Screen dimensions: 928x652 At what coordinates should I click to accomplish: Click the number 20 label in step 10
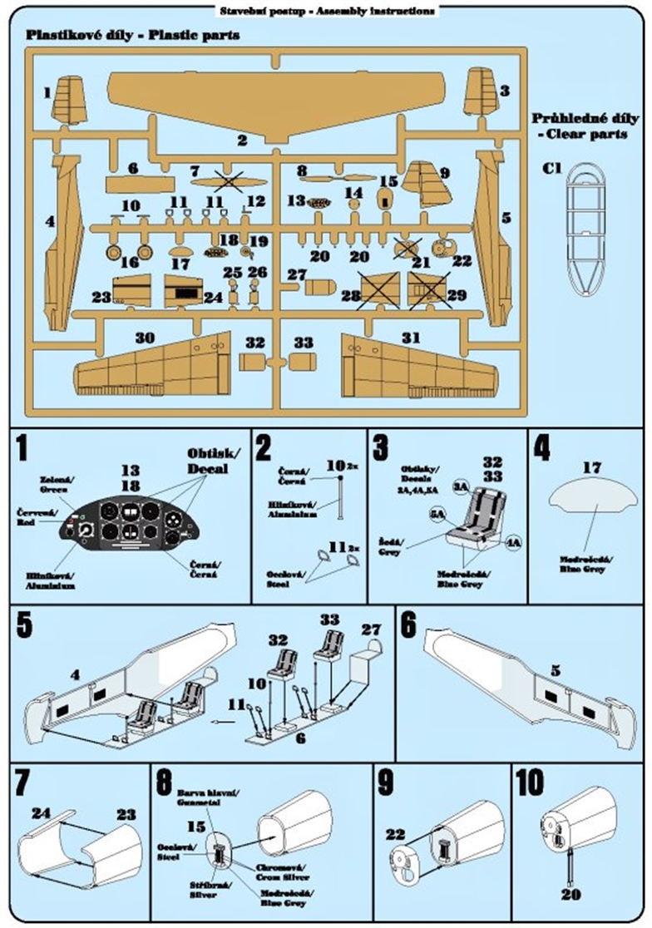tap(570, 895)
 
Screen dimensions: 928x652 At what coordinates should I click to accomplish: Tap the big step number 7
tap(24, 784)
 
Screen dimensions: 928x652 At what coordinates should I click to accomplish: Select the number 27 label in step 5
tap(369, 630)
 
